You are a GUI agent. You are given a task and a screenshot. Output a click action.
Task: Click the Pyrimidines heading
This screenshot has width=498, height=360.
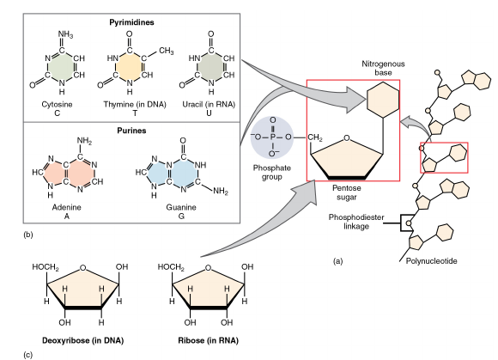[x=131, y=22]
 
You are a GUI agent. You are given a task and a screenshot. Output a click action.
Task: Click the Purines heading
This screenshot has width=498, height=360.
[x=131, y=131]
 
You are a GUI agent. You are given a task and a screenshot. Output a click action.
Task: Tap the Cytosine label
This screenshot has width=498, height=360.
[x=58, y=104]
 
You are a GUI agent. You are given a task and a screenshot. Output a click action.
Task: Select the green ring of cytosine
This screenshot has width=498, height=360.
[x=62, y=67]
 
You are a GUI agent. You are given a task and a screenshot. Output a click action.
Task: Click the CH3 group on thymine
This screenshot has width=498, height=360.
[x=167, y=51]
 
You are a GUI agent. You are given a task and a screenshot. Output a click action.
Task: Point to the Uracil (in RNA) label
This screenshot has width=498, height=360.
[x=209, y=104]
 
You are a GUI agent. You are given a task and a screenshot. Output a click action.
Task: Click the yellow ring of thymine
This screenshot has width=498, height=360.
[x=130, y=67]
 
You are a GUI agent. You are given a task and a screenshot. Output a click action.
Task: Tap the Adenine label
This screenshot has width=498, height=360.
[x=66, y=207]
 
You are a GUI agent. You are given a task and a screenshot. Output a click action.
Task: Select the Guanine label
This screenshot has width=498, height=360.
[x=181, y=207]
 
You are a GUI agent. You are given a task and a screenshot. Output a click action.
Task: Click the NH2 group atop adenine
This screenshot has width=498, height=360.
[x=84, y=141]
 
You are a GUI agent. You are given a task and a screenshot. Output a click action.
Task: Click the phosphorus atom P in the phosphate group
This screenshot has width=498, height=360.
[x=273, y=137]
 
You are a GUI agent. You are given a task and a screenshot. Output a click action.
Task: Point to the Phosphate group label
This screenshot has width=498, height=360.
[x=272, y=172]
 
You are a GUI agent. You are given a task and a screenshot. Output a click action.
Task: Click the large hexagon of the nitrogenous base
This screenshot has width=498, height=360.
[x=383, y=100]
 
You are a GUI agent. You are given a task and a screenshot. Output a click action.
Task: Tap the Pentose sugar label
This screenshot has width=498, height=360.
[x=347, y=192]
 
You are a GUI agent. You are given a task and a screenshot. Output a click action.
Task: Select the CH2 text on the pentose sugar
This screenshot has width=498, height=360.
[x=315, y=137]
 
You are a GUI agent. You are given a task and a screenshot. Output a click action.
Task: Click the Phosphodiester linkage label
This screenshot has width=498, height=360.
[x=356, y=222]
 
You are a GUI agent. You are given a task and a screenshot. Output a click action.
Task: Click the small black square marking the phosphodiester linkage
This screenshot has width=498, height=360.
[x=408, y=223]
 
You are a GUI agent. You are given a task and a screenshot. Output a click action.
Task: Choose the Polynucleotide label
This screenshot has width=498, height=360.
[x=431, y=261]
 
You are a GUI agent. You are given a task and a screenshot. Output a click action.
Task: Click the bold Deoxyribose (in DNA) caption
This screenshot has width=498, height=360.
[x=83, y=340]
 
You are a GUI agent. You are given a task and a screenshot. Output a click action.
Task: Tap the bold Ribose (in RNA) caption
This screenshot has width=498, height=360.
[x=208, y=340]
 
